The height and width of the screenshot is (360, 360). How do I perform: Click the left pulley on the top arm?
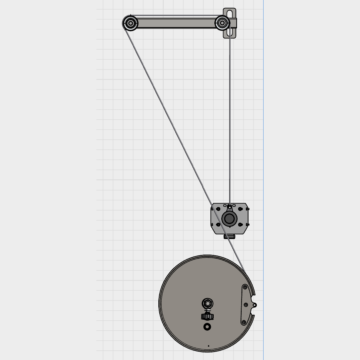pyautogui.click(x=130, y=23)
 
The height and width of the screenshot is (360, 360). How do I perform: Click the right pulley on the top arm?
pyautogui.click(x=222, y=23)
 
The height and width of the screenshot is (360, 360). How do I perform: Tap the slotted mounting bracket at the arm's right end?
pyautogui.click(x=230, y=13)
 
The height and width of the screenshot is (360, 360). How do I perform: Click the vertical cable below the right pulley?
pyautogui.click(x=230, y=117)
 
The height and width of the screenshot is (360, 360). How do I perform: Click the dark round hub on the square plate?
pyautogui.click(x=229, y=219)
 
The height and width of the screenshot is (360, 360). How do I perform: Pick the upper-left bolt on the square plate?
pyautogui.click(x=218, y=209)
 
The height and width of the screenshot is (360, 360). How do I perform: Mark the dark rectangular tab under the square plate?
pyautogui.click(x=229, y=237)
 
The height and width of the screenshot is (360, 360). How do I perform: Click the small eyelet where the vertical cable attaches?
pyautogui.click(x=230, y=207)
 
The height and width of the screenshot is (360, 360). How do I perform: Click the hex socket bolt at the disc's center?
pyautogui.click(x=207, y=304)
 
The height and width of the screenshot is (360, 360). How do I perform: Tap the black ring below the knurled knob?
pyautogui.click(x=207, y=327)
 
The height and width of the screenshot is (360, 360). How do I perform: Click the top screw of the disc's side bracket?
pyautogui.click(x=245, y=287)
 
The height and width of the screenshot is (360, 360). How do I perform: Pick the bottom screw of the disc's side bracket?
pyautogui.click(x=244, y=322)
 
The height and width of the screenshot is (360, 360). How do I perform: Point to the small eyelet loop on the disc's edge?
pyautogui.click(x=255, y=305)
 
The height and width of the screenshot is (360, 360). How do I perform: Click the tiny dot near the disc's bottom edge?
pyautogui.click(x=209, y=346)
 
